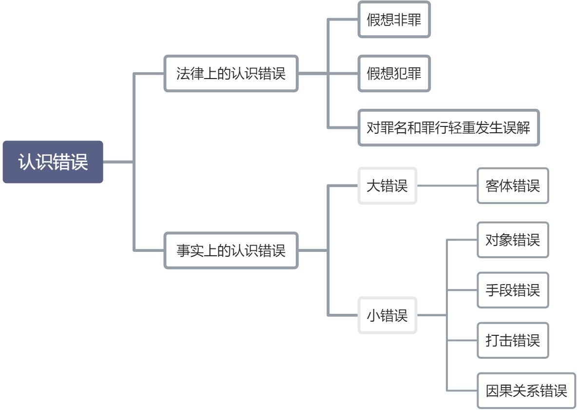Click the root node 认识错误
point(53,162)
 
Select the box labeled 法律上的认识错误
point(231,73)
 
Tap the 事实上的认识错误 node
point(231,250)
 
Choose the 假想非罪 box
point(394,20)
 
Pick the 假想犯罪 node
point(394,73)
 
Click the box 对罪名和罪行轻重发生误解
point(448,128)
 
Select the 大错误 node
point(387,185)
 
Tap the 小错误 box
point(387,315)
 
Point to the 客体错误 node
point(513,185)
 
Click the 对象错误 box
point(513,240)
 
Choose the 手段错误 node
point(513,290)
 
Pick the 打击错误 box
point(513,340)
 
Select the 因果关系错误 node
point(526,390)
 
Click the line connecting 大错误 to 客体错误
point(447,185)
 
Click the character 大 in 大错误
point(373,185)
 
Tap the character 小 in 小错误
point(373,315)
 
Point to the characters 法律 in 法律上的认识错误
point(190,73)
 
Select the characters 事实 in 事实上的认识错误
point(190,250)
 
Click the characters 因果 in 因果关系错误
point(499,390)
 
